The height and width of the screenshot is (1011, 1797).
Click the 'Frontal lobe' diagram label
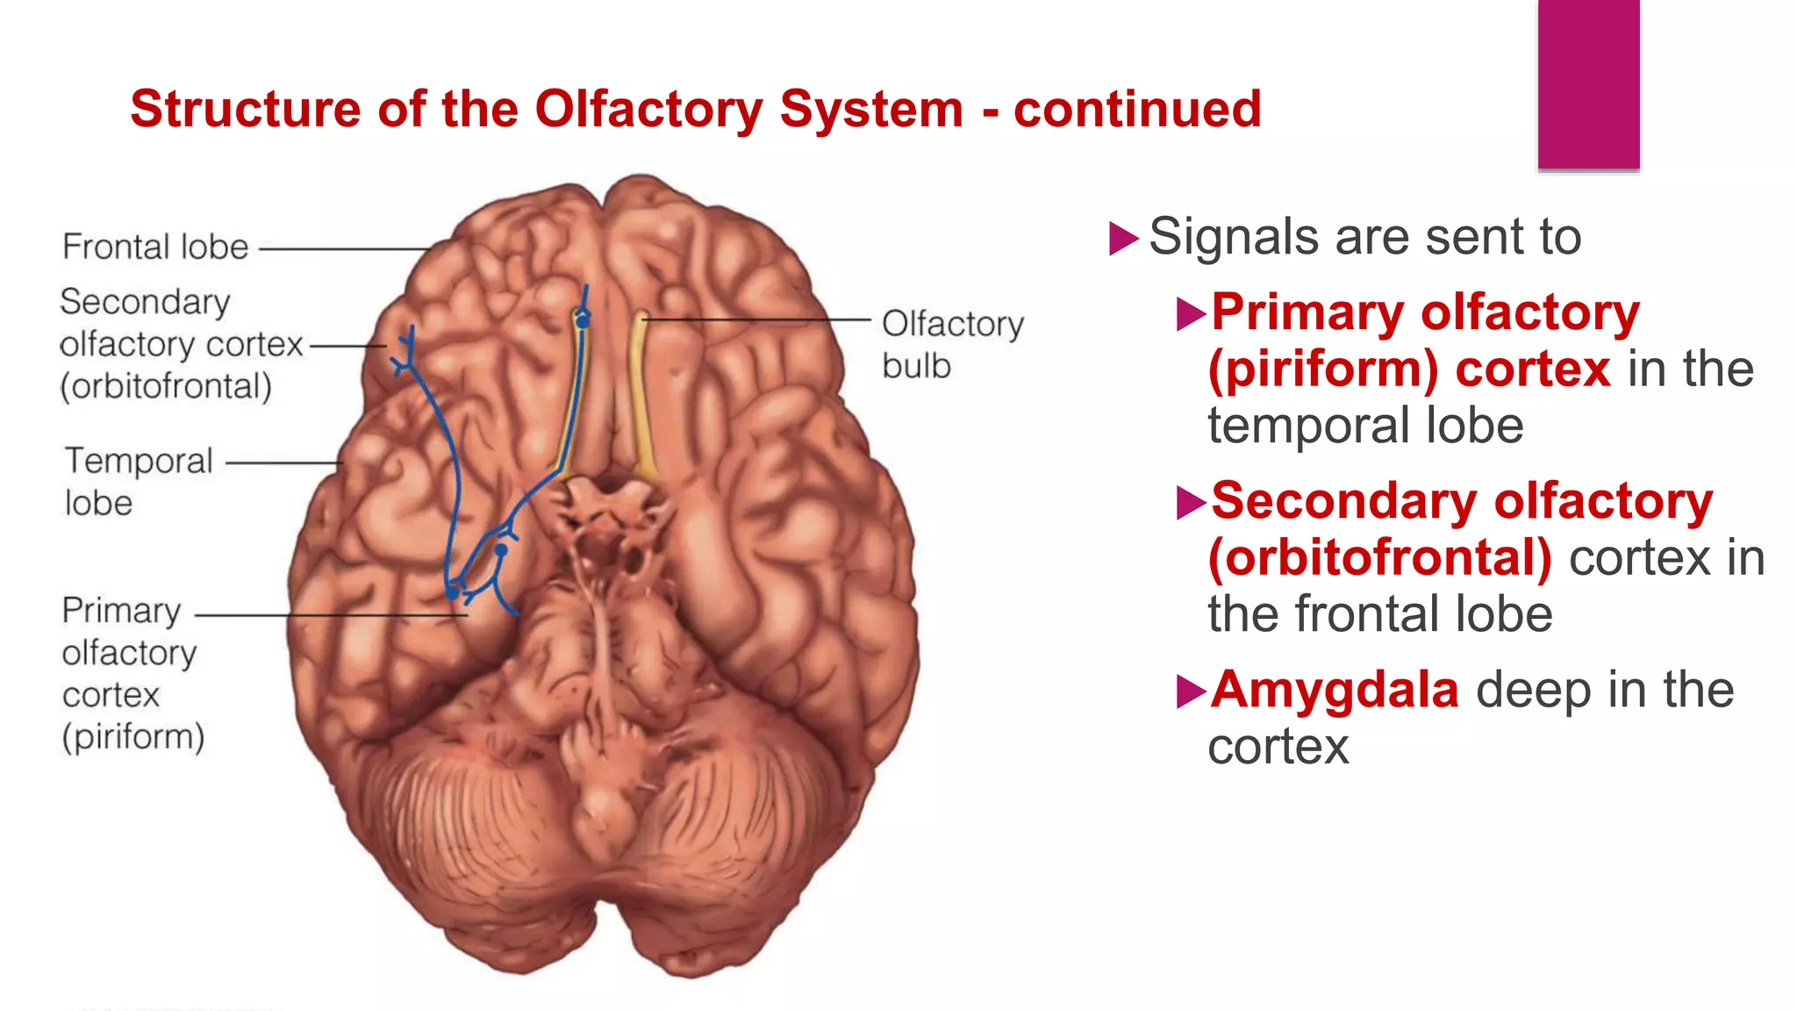click(155, 247)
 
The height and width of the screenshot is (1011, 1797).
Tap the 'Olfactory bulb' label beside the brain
click(952, 344)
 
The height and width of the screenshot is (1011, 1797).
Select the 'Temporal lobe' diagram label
click(139, 481)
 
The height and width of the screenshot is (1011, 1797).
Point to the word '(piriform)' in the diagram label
click(133, 736)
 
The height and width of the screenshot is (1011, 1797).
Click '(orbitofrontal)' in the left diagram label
click(166, 386)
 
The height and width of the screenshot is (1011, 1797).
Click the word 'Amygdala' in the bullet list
click(1335, 690)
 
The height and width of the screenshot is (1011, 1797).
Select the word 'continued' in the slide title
click(1137, 109)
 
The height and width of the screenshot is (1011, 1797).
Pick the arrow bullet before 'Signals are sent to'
click(1123, 238)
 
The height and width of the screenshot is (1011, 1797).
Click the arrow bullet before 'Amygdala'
click(1191, 692)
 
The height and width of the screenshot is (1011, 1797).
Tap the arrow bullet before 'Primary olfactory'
click(1191, 314)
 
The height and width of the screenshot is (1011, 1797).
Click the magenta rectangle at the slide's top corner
click(1588, 83)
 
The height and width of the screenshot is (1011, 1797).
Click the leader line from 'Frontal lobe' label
click(342, 249)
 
